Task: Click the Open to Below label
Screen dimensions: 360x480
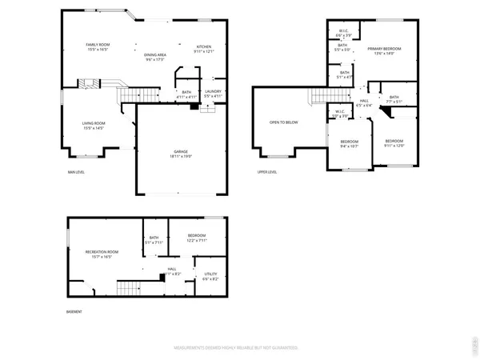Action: click(284, 122)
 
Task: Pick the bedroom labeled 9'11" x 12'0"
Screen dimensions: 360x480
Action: click(394, 143)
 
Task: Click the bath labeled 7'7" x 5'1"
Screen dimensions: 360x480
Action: click(394, 99)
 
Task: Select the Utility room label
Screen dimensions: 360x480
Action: click(210, 276)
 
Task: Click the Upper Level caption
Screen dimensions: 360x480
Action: click(266, 172)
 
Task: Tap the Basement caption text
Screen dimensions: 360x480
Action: click(74, 312)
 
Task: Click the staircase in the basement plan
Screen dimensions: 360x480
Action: click(128, 287)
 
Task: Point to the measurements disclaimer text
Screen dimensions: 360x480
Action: click(237, 348)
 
